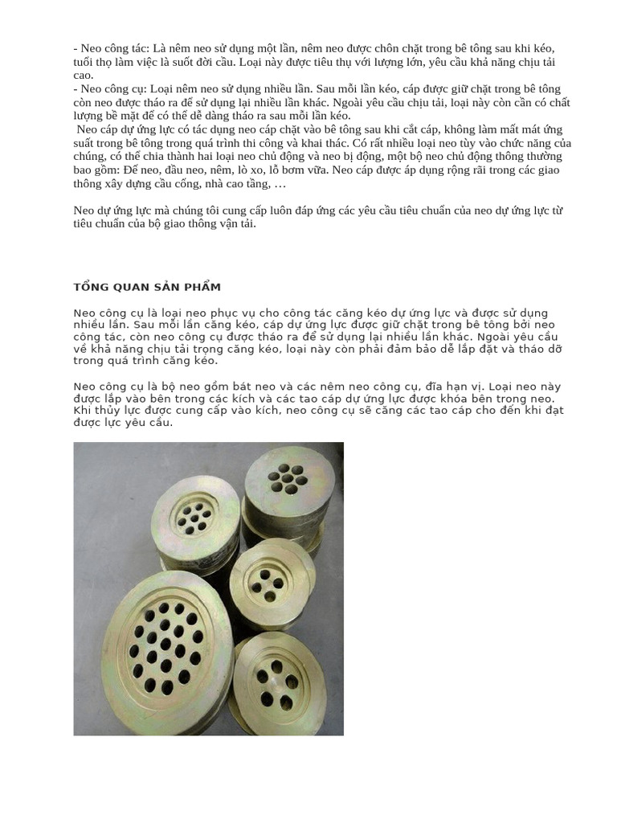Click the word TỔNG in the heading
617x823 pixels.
click(x=89, y=287)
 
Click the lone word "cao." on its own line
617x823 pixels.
click(x=84, y=75)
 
